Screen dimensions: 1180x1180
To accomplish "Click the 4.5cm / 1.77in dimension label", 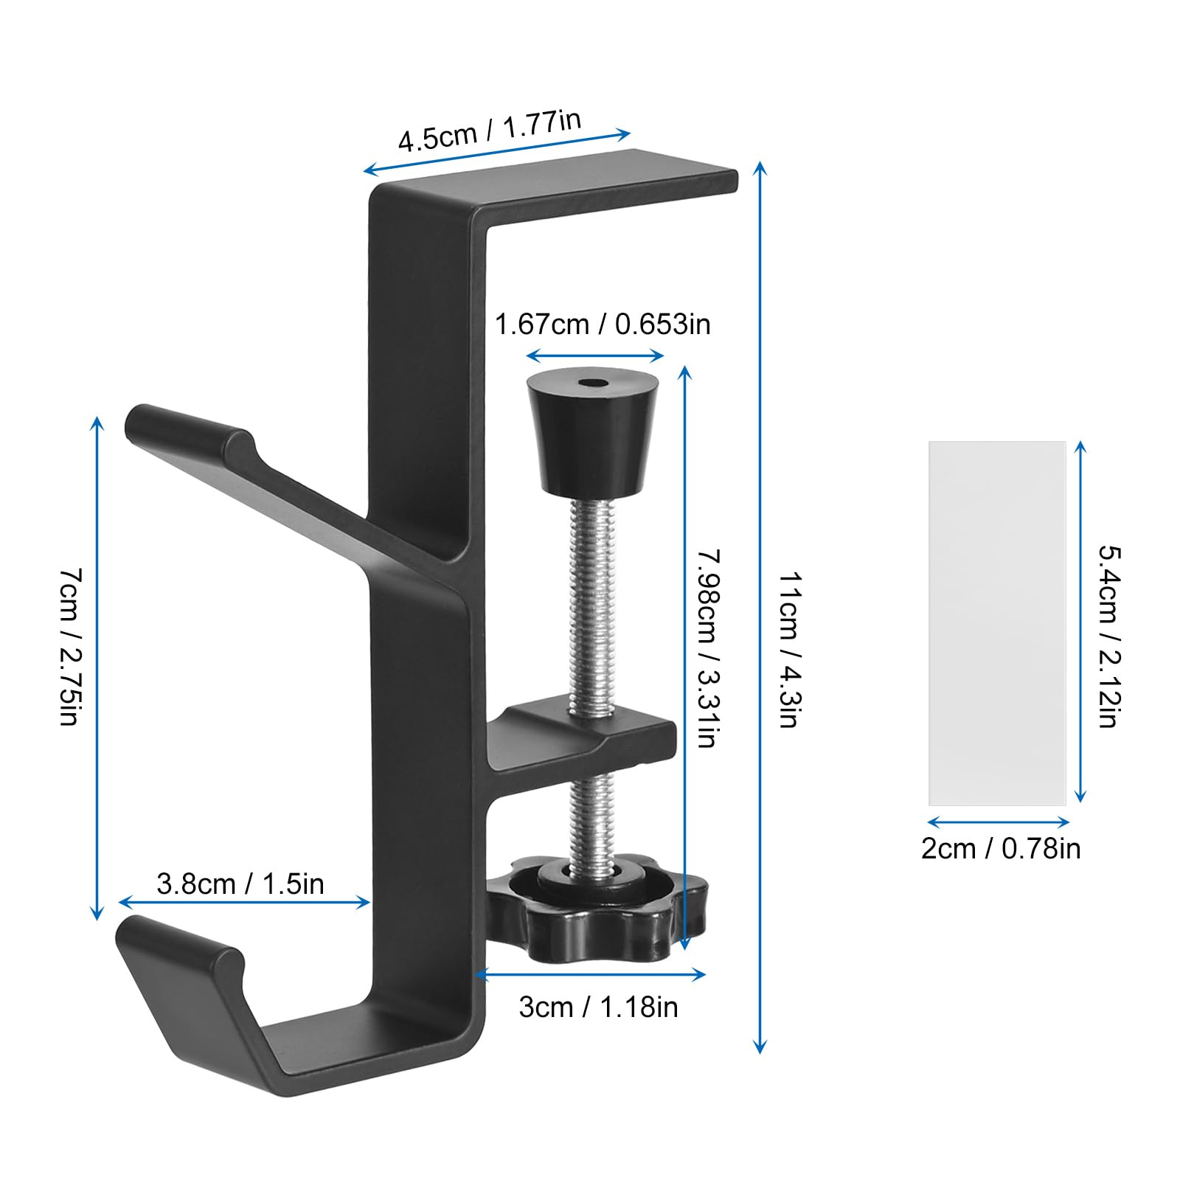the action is point(490,131).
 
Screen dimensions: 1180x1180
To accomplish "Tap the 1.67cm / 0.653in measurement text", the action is point(602,324).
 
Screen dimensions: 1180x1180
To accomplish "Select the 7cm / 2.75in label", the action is point(69,648).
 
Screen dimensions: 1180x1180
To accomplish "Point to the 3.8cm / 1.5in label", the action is point(240,884).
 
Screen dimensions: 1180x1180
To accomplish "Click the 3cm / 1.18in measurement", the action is point(598,1007).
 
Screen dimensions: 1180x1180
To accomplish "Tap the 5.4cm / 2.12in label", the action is point(1109,636).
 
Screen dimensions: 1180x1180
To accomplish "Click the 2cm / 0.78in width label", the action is point(1001,848).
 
